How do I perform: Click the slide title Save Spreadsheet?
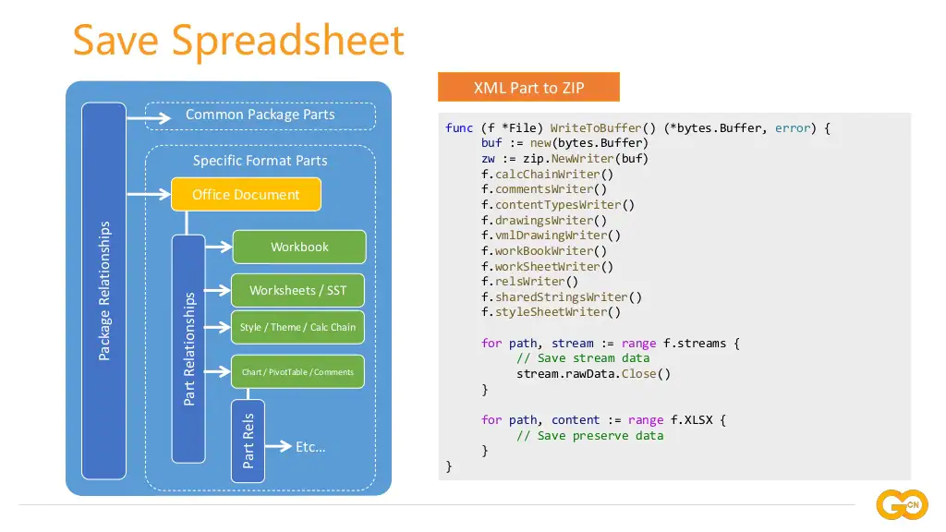tap(238, 41)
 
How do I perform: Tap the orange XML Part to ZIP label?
tap(528, 88)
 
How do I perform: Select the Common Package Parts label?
tap(260, 115)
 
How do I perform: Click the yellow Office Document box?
tap(246, 194)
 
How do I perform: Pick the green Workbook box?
tap(299, 247)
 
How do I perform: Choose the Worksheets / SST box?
tap(297, 290)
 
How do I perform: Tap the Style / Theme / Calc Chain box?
tap(297, 327)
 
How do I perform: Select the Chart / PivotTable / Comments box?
tap(297, 371)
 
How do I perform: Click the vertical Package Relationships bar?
tap(103, 291)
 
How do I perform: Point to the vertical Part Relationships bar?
tap(188, 348)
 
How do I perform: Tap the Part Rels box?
tap(248, 441)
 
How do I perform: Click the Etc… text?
tap(310, 447)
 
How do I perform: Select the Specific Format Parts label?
tap(260, 161)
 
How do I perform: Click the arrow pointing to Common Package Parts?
tap(149, 117)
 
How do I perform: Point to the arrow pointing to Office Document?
tap(148, 194)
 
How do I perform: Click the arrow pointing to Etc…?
tap(278, 447)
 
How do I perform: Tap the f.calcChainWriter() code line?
tap(547, 174)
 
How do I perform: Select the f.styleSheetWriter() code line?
tap(551, 312)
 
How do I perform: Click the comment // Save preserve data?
tap(589, 435)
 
